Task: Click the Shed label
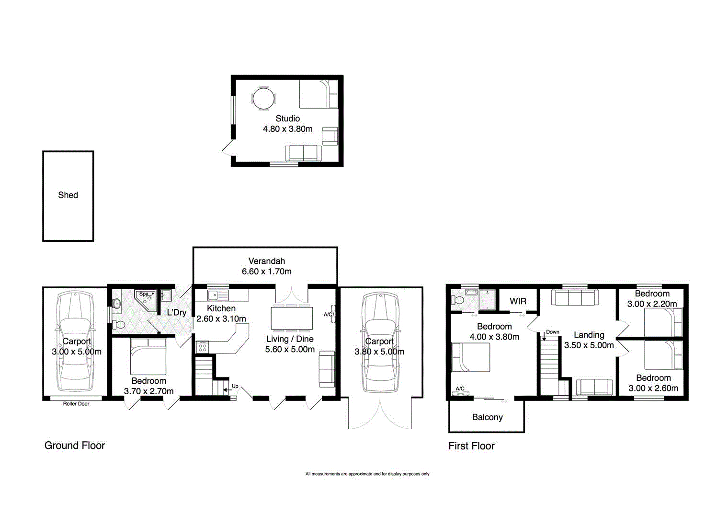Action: pyautogui.click(x=68, y=195)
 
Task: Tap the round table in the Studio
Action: pyautogui.click(x=263, y=99)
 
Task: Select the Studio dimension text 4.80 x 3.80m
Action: pyautogui.click(x=287, y=129)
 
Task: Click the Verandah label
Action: pyautogui.click(x=266, y=261)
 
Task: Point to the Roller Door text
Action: pyautogui.click(x=76, y=404)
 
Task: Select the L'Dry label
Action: pyautogui.click(x=176, y=313)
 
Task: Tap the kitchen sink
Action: pyautogui.click(x=218, y=294)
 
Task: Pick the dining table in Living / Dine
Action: pyautogui.click(x=292, y=318)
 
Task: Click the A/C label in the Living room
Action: pyautogui.click(x=328, y=315)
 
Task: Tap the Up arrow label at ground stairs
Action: pyautogui.click(x=235, y=386)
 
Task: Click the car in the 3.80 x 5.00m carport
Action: pyautogui.click(x=380, y=343)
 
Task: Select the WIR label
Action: pyautogui.click(x=518, y=301)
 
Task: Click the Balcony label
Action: pyautogui.click(x=487, y=417)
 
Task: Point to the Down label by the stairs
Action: pyautogui.click(x=552, y=332)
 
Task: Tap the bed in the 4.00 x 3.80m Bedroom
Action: pyautogui.click(x=471, y=357)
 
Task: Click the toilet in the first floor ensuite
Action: pyautogui.click(x=457, y=300)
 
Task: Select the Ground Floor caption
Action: pyautogui.click(x=74, y=446)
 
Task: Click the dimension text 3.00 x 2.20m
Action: pyautogui.click(x=652, y=304)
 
